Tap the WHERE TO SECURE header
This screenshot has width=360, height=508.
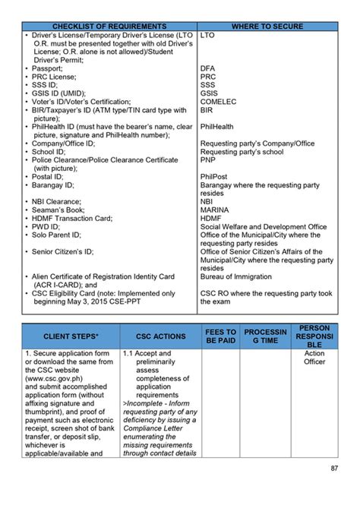(267, 27)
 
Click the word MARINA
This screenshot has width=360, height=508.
(217, 210)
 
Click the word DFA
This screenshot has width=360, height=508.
(208, 68)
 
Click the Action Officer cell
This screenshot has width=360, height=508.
(314, 358)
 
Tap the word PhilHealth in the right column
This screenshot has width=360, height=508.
(217, 127)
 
